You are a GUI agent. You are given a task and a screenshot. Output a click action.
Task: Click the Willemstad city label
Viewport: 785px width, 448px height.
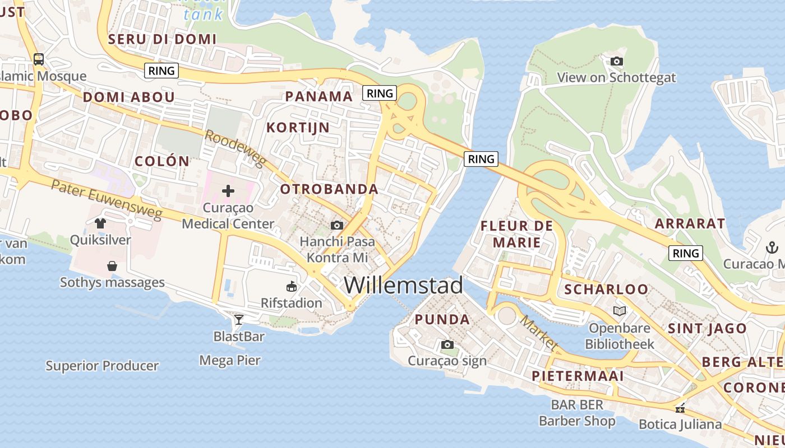403,285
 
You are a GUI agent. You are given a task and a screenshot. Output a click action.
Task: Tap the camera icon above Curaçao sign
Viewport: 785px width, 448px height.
447,344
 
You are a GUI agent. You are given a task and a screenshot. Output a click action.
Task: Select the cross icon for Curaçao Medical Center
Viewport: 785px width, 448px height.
228,191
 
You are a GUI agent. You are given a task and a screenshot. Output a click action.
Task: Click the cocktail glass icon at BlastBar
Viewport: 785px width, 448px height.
239,320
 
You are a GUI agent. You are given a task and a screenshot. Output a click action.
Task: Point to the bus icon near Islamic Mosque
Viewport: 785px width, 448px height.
39,59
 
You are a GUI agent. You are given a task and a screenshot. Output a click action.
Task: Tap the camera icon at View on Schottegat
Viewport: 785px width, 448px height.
616,61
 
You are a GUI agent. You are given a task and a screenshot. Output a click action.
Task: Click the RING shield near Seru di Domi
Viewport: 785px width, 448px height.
161,71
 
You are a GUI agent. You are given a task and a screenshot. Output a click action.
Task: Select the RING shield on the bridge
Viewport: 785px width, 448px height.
481,159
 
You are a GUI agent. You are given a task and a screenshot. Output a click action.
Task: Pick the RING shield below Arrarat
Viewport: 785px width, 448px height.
686,253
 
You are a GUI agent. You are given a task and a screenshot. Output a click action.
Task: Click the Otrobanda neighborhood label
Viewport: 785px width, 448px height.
329,189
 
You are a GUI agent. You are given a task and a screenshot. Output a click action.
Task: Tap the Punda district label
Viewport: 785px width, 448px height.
442,320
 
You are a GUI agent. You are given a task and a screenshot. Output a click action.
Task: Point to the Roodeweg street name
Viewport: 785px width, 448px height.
234,148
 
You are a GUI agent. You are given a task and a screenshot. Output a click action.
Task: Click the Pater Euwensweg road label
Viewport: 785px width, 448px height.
107,199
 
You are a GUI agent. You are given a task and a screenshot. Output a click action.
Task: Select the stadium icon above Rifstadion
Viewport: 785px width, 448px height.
292,287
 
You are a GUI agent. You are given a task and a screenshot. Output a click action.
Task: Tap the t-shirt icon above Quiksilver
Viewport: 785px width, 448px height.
100,223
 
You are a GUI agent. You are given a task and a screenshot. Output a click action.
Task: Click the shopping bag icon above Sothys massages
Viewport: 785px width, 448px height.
112,266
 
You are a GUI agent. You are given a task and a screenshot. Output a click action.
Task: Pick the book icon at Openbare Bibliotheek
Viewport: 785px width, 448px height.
619,311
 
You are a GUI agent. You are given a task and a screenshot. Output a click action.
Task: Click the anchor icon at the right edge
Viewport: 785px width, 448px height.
772,247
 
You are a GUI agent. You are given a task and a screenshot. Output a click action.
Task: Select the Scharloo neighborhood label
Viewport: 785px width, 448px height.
606,290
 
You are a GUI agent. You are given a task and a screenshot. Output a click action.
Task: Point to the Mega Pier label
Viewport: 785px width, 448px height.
230,360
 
